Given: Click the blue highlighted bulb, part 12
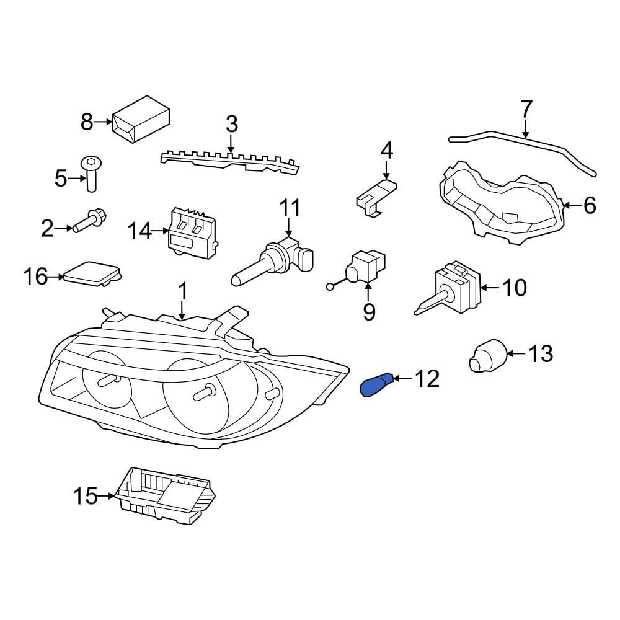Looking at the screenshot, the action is click(376, 386).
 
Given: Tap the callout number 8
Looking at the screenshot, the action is click(87, 122).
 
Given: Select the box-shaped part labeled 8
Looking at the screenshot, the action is click(141, 119).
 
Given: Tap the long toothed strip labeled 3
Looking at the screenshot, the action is click(230, 161).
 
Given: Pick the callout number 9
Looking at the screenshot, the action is click(369, 312).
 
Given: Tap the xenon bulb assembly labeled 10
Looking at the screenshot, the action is click(449, 286).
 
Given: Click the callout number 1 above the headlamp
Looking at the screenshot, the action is click(182, 292).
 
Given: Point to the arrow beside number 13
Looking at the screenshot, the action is click(516, 353).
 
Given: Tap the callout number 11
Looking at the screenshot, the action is click(290, 208).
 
